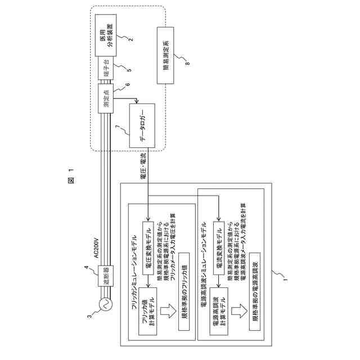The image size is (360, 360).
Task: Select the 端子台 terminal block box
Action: [105, 71]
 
